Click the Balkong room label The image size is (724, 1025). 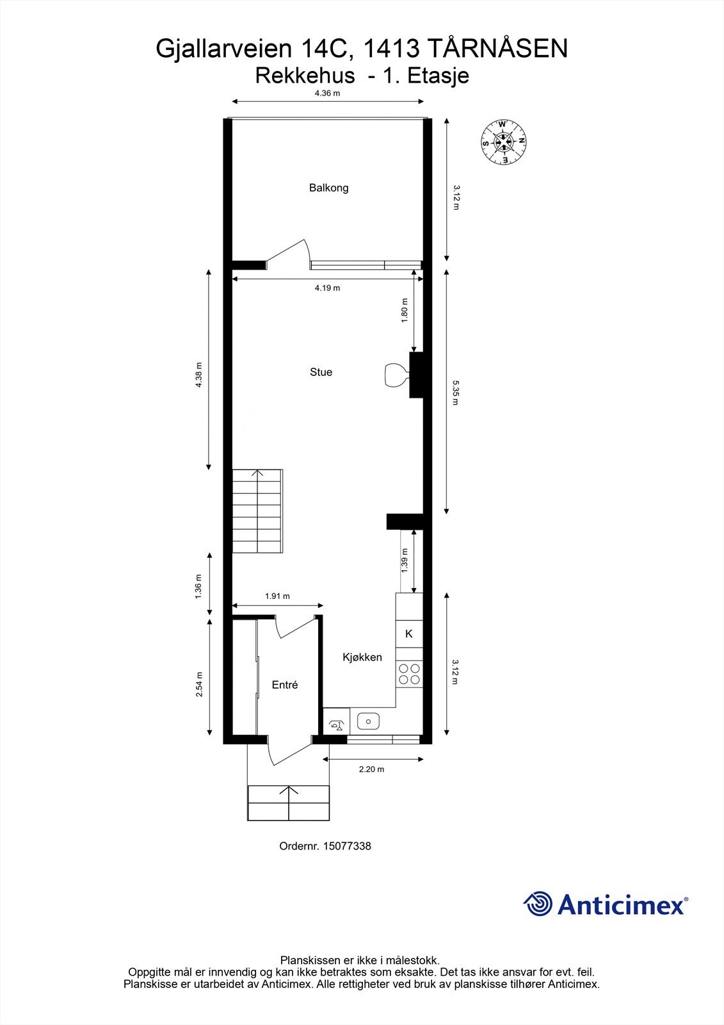pos(328,188)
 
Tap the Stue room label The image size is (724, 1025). pos(321,372)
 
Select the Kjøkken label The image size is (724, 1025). pos(362,657)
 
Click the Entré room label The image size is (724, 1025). pos(285,685)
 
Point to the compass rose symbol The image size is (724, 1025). pos(504,142)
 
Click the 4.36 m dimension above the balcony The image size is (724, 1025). pos(327,94)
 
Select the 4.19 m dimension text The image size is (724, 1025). pos(327,288)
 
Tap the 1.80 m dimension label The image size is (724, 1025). pos(405,311)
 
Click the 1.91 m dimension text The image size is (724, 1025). pos(277,596)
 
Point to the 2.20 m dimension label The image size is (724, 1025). pos(371,769)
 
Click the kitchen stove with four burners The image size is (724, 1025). pos(409,674)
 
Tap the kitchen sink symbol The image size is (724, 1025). pos(368,721)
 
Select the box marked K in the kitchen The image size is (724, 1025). pos(409,634)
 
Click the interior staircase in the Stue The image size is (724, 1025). pos(257,511)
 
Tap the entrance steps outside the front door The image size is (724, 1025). pos(288,803)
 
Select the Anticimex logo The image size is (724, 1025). pos(606,904)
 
